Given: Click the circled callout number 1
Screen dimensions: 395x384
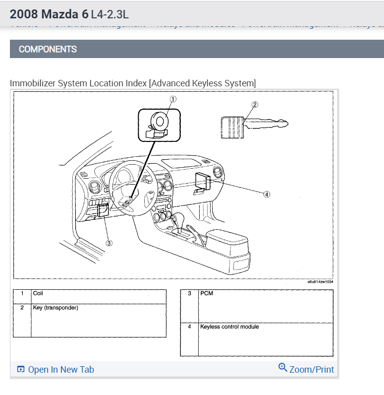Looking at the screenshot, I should point(173,99).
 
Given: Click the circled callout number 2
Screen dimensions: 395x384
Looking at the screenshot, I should point(255,105).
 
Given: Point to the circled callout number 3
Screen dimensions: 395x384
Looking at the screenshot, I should point(110,243).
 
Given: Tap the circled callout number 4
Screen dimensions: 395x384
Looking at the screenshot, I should point(267,195).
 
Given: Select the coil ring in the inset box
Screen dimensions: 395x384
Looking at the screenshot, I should point(160,121).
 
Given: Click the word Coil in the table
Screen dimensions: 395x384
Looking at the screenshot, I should point(38,294).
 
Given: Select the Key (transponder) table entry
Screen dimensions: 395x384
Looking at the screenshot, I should point(55,308).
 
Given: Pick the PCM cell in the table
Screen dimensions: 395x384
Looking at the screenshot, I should point(207,294).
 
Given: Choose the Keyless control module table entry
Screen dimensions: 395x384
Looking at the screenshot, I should point(229,327).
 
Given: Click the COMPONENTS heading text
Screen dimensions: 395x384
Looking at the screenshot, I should point(48,49).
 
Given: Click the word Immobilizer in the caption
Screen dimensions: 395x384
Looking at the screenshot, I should point(32,83).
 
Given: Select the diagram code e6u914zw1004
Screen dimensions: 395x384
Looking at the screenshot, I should point(320,282).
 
